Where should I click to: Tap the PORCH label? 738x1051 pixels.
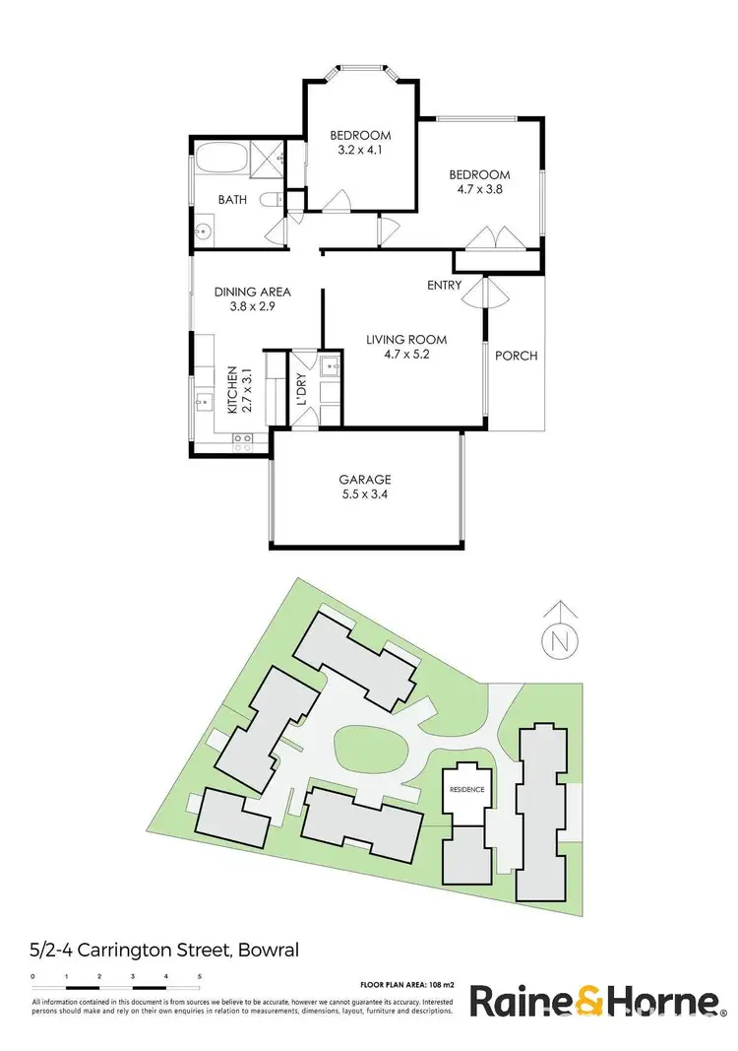pyautogui.click(x=516, y=356)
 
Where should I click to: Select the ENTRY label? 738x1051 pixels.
pyautogui.click(x=445, y=286)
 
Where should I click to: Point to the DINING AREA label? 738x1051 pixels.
pyautogui.click(x=254, y=292)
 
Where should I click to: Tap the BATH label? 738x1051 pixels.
pyautogui.click(x=232, y=200)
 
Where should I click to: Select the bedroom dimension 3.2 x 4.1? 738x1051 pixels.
pyautogui.click(x=360, y=152)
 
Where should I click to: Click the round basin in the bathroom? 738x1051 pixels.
pyautogui.click(x=204, y=233)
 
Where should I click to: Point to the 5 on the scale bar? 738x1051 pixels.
pyautogui.click(x=200, y=976)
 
